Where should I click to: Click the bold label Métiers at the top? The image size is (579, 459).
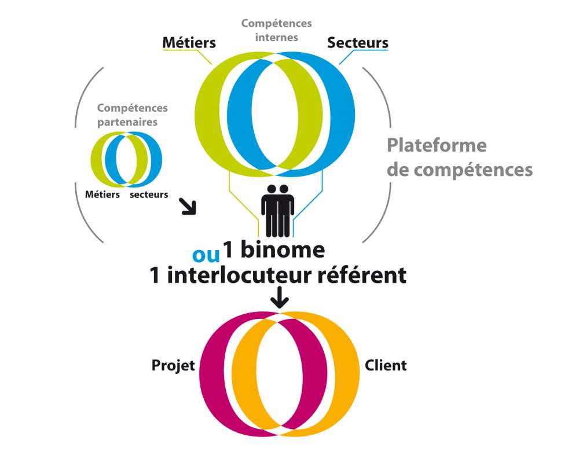coord(189,43)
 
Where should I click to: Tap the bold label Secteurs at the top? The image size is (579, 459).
coord(358,43)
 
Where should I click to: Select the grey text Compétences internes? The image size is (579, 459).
coord(276,30)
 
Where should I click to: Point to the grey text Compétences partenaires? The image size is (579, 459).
coord(132,115)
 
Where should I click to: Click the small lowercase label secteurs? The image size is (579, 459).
coord(149,195)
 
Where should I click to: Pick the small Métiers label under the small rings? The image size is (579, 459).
coord(102,195)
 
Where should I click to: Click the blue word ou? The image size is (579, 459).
coord(206,254)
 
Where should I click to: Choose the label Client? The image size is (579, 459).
coord(386,366)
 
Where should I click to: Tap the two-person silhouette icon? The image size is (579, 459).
coord(278,210)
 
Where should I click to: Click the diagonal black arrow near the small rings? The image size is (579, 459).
coord(189,207)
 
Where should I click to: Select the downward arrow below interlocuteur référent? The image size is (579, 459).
coord(280,298)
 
